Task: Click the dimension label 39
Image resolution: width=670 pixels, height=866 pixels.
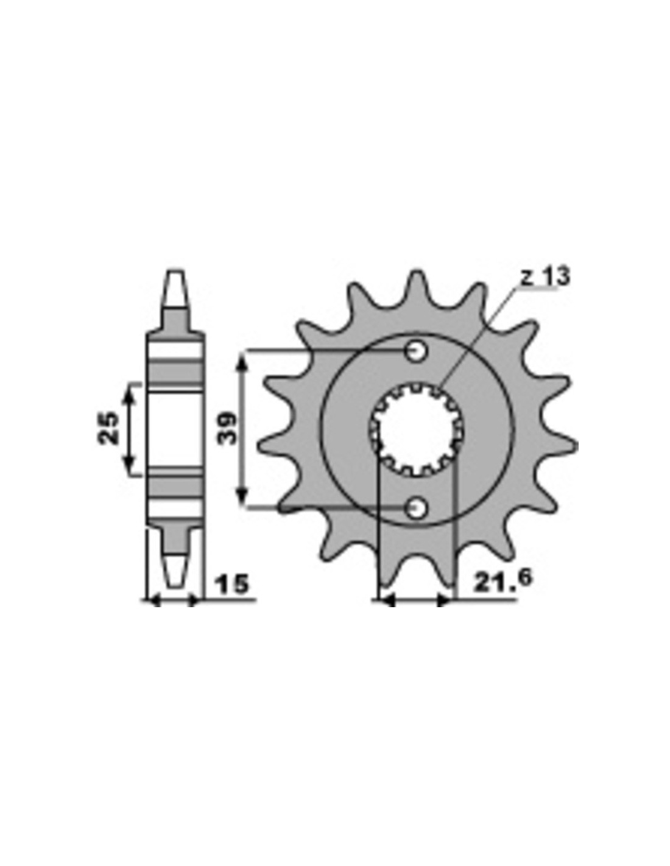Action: pyautogui.click(x=228, y=429)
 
